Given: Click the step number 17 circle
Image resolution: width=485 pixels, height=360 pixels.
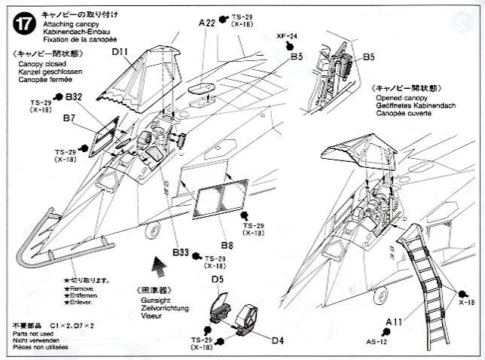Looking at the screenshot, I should pyautogui.click(x=22, y=24).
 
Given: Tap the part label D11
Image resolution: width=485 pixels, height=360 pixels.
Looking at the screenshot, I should pyautogui.click(x=123, y=53).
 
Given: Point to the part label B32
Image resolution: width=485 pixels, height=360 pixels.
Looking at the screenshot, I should pyautogui.click(x=73, y=96).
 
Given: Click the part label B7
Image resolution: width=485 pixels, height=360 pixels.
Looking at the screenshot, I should pyautogui.click(x=69, y=118).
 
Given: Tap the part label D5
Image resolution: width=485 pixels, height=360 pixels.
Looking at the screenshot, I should pyautogui.click(x=218, y=280).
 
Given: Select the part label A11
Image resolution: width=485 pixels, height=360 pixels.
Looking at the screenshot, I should pyautogui.click(x=392, y=322).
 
